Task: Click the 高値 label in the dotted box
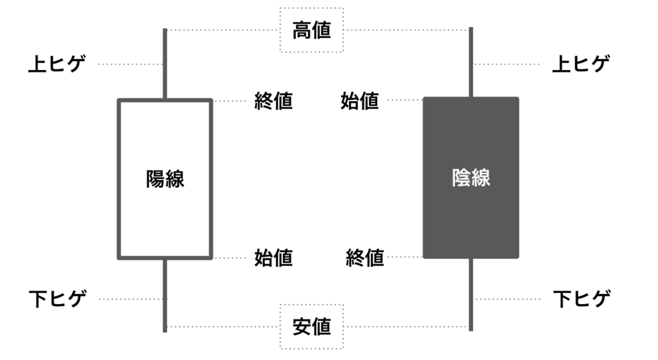(312, 30)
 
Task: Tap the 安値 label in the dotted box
(312, 327)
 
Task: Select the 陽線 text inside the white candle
(165, 179)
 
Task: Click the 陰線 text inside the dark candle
(471, 177)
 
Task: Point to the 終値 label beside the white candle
(273, 101)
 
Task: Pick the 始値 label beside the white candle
(273, 258)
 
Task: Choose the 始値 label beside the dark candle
(360, 101)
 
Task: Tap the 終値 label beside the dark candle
(365, 258)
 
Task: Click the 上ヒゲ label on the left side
(57, 64)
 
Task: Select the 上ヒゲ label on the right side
(581, 64)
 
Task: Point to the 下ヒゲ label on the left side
(57, 299)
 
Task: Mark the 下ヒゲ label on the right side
(582, 299)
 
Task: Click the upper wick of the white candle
(165, 64)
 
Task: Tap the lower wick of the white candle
(165, 296)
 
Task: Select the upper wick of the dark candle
(471, 62)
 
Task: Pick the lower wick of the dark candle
(471, 294)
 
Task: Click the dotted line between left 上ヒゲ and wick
(130, 64)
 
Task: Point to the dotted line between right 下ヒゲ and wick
(507, 299)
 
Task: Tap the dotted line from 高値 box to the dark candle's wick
(408, 30)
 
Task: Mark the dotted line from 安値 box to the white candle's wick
(222, 327)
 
